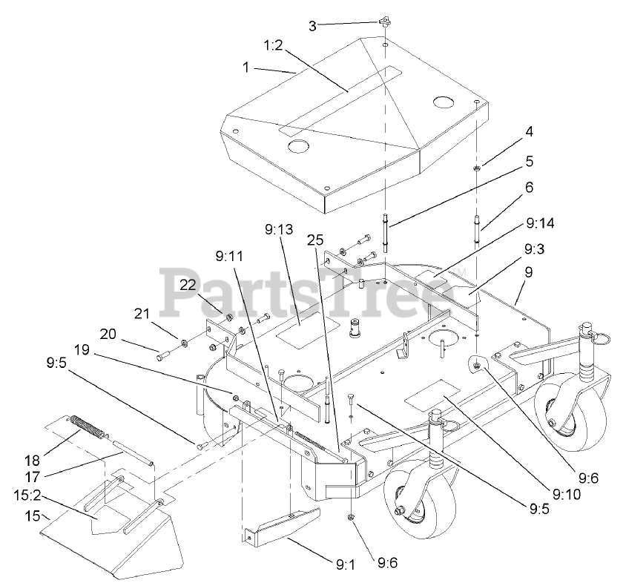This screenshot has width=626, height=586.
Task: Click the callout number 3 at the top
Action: [x=312, y=25]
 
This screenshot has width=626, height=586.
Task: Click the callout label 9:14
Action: [x=541, y=222]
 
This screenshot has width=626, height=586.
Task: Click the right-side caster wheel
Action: [x=564, y=401]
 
